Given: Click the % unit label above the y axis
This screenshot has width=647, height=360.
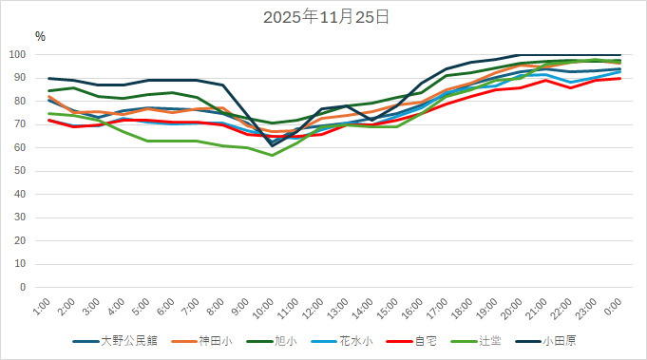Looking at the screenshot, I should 40,36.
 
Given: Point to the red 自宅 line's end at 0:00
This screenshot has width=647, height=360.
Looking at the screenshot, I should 620,79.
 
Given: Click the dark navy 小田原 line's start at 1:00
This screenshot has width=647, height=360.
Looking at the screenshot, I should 49,79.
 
